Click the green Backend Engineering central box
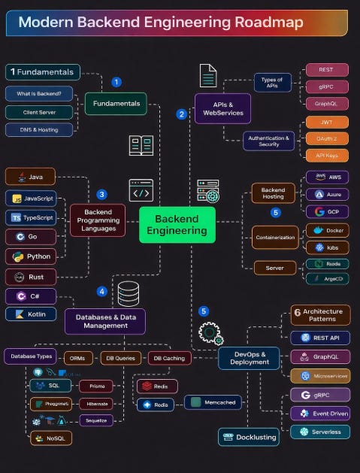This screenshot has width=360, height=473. pyautogui.click(x=177, y=224)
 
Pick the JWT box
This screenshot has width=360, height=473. pyautogui.click(x=327, y=122)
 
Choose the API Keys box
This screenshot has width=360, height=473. pyautogui.click(x=327, y=155)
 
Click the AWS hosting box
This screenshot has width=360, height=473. pyautogui.click(x=327, y=177)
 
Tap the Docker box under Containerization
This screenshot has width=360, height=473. pyautogui.click(x=327, y=230)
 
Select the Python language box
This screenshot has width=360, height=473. pyautogui.click(x=30, y=256)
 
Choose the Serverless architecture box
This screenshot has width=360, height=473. pyautogui.click(x=320, y=432)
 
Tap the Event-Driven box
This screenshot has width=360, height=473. pyautogui.click(x=320, y=413)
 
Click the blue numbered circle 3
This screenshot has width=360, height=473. pyautogui.click(x=102, y=194)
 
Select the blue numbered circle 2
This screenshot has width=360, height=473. pyautogui.click(x=181, y=114)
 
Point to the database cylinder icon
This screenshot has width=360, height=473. pyautogui.click(x=128, y=293)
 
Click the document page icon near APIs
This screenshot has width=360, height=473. pyautogui.click(x=208, y=76)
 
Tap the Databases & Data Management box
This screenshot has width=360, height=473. pyautogui.click(x=105, y=321)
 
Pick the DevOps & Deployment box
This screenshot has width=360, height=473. pyautogui.click(x=249, y=357)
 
